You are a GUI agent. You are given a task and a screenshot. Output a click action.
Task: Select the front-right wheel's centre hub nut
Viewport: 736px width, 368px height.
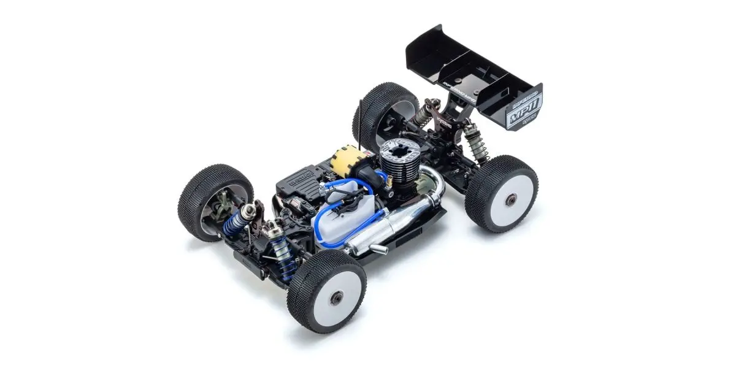(x=335, y=297)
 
